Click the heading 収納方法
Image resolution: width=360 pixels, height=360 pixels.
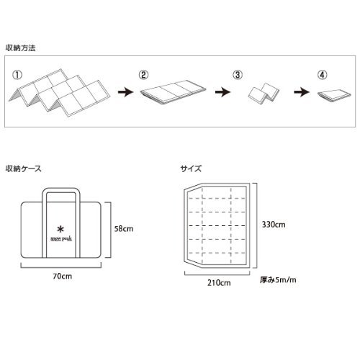click(x=21, y=48)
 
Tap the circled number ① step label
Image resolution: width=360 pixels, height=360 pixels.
click(x=17, y=75)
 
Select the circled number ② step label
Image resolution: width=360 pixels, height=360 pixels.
click(x=143, y=75)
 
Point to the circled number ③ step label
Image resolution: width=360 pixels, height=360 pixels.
click(x=238, y=75)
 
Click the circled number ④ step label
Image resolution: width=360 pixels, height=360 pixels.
click(x=322, y=75)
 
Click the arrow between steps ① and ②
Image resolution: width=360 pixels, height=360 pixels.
click(x=125, y=92)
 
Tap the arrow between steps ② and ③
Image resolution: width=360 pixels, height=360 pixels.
click(x=222, y=92)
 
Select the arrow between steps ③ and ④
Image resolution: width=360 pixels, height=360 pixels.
click(x=302, y=92)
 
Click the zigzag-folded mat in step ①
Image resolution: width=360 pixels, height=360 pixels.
click(x=60, y=92)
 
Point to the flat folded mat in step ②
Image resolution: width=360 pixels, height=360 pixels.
click(x=173, y=92)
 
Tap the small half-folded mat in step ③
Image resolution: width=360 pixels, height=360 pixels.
click(x=264, y=94)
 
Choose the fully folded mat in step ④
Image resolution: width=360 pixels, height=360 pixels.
click(x=334, y=96)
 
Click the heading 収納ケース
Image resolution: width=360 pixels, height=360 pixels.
click(x=24, y=168)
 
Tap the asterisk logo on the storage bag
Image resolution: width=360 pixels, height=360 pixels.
click(x=60, y=230)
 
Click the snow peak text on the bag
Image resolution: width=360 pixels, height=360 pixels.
click(x=61, y=238)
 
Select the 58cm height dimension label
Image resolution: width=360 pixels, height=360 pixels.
click(x=124, y=229)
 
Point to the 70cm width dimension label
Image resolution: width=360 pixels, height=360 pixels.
click(x=63, y=276)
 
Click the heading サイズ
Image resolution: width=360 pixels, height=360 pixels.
click(x=191, y=168)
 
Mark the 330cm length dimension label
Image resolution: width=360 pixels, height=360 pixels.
click(x=274, y=225)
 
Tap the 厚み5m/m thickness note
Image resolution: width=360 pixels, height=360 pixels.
click(x=278, y=280)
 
